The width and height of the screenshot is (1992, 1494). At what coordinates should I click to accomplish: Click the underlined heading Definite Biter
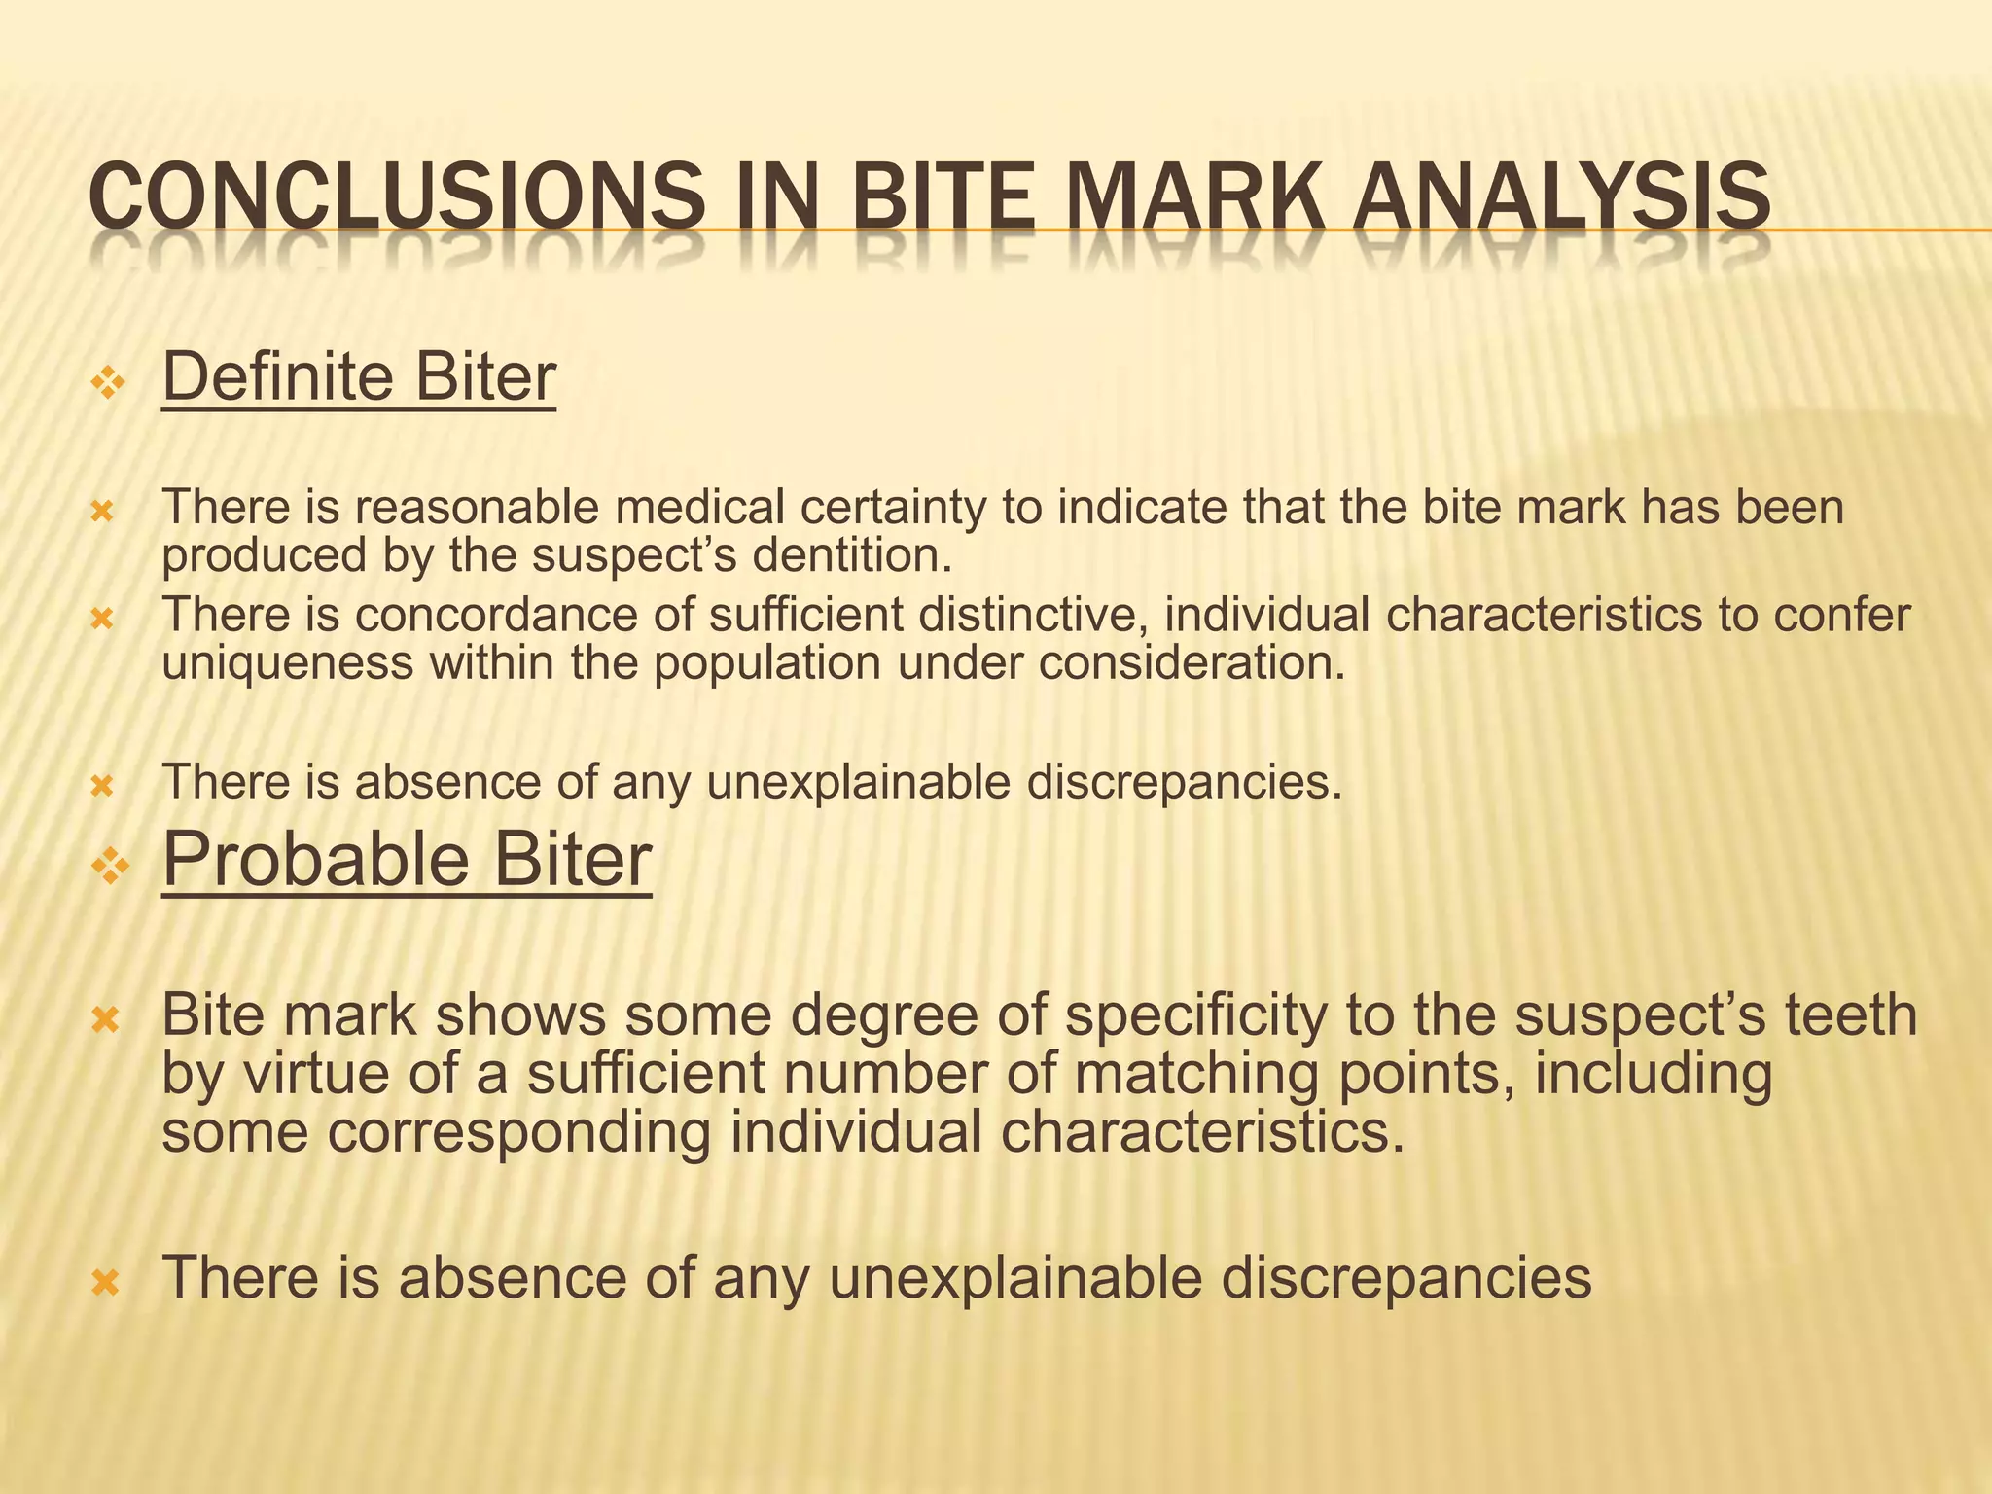[359, 377]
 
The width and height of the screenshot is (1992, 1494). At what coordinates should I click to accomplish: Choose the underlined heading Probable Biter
[407, 860]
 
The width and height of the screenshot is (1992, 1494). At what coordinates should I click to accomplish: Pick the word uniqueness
[288, 664]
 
